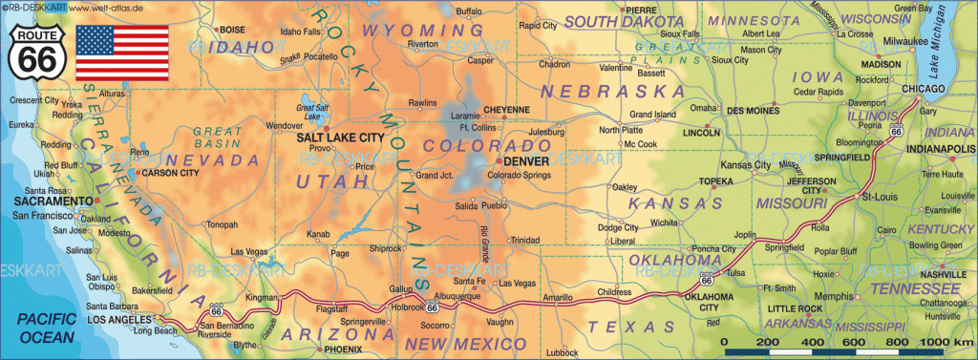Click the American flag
coord(122,53)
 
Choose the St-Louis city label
coord(877,197)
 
